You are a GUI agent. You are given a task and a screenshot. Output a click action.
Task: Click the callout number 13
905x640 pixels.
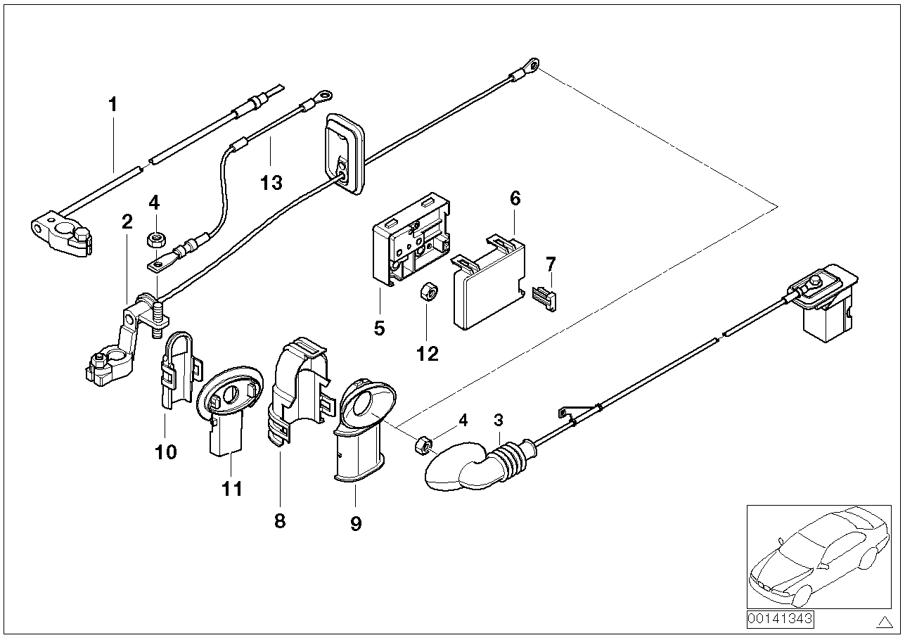pos(271,183)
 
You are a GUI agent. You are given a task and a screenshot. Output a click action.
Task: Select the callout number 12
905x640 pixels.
pos(428,354)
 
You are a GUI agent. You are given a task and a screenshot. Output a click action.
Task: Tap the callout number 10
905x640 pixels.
pos(166,452)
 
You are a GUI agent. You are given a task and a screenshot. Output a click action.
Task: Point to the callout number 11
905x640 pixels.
pos(232,489)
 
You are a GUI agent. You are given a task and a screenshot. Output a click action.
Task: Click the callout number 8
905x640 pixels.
pos(280,521)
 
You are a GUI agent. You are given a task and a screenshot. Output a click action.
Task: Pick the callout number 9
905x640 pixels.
pos(356,524)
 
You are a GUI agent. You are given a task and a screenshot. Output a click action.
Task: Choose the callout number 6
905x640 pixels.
pos(515,198)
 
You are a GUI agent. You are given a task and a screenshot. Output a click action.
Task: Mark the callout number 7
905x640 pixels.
pos(551,264)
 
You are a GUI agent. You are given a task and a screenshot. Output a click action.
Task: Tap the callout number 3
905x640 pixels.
pos(499,420)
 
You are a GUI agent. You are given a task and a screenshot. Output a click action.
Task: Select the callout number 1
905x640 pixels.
pos(113,104)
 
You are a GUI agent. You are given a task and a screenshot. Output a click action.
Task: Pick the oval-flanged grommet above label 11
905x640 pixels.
pos(229,410)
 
